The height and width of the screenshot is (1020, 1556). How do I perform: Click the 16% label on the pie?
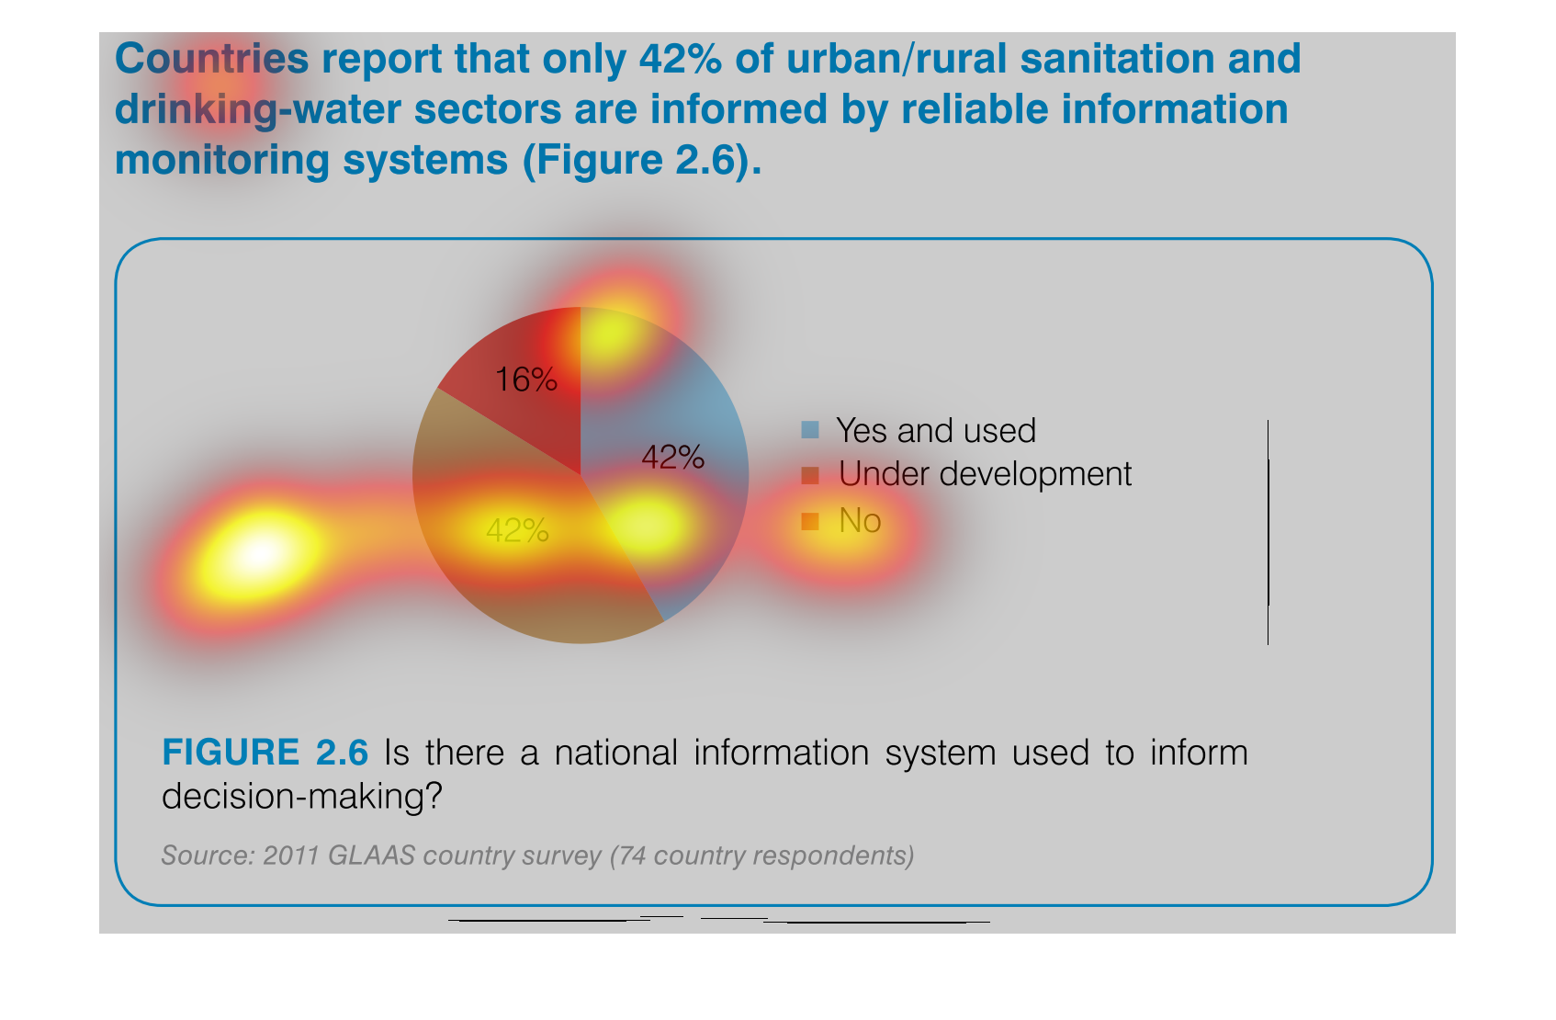[x=525, y=380]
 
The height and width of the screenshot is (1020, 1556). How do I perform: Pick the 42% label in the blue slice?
[x=672, y=458]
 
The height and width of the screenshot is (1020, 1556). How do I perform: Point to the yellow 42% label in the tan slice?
[x=517, y=531]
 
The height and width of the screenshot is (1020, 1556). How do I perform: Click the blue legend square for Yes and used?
[x=810, y=429]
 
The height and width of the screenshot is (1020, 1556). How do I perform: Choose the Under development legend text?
[x=985, y=474]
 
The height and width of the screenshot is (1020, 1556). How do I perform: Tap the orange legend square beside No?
[x=810, y=521]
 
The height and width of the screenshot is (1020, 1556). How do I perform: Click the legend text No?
[x=860, y=520]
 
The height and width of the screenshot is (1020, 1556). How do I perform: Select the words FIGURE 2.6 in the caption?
[x=265, y=753]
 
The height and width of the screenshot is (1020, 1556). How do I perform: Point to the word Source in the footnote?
[x=205, y=856]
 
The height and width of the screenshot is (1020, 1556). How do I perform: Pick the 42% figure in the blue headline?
[x=680, y=59]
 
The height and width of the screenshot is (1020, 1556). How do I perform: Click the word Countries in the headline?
[x=211, y=59]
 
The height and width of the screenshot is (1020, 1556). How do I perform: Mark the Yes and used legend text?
[x=936, y=431]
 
